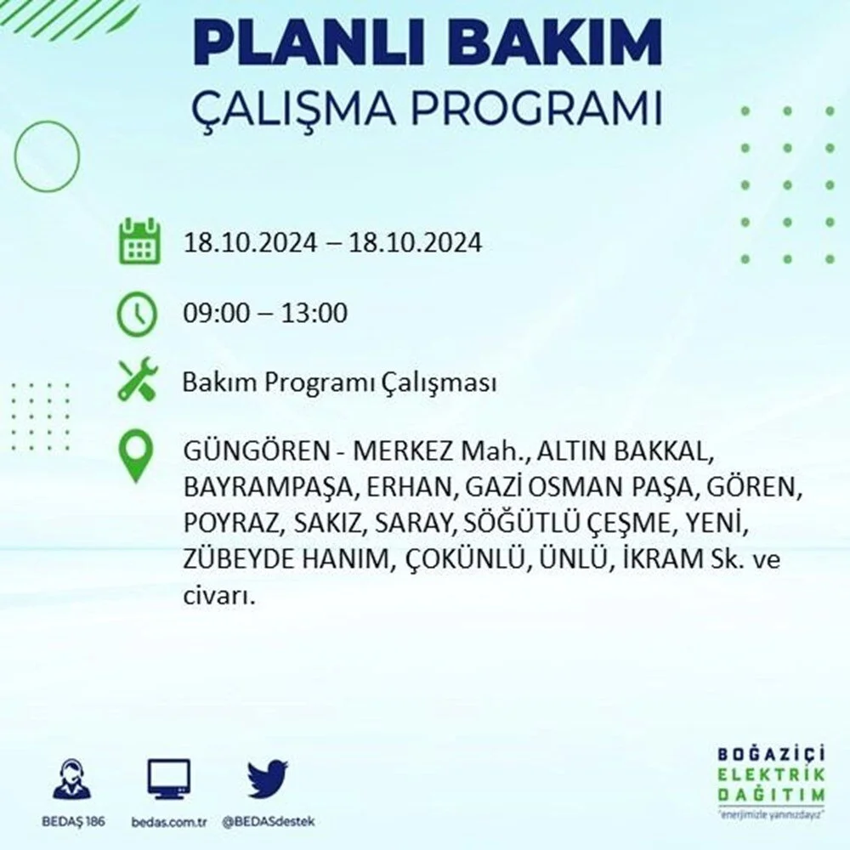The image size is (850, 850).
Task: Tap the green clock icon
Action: point(137,314)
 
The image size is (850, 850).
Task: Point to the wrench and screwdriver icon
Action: point(138,378)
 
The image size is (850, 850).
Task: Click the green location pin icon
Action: point(135,456)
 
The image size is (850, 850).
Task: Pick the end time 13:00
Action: point(314,313)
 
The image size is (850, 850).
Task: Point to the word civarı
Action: point(218,597)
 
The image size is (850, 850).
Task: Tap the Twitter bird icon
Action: point(268,779)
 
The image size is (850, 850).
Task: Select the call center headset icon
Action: point(72,779)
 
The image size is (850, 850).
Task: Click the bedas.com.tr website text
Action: point(169,822)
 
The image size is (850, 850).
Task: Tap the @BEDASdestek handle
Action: point(269,822)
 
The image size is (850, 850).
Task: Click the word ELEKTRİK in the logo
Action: point(772,774)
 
